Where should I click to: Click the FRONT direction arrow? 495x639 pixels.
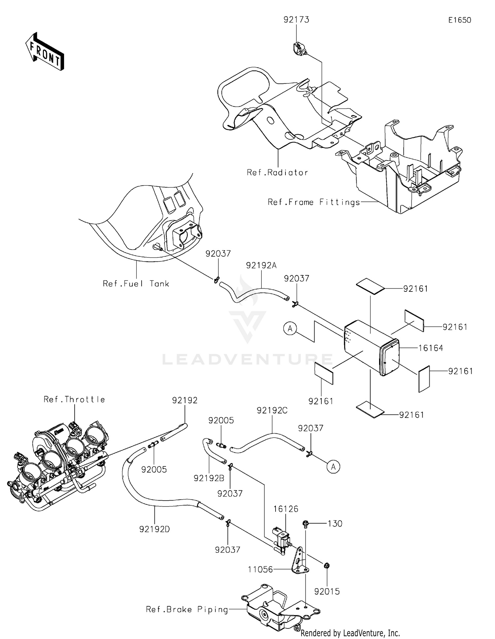pyautogui.click(x=45, y=52)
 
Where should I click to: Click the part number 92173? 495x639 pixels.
pyautogui.click(x=296, y=20)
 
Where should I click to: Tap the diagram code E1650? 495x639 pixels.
pyautogui.click(x=459, y=20)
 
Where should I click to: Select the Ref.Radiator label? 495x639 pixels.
pyautogui.click(x=277, y=172)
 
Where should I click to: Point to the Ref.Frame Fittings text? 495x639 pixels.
pyautogui.click(x=313, y=202)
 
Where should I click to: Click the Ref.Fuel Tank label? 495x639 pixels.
pyautogui.click(x=136, y=284)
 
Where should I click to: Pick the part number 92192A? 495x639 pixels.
pyautogui.click(x=261, y=265)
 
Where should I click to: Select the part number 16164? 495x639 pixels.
pyautogui.click(x=430, y=348)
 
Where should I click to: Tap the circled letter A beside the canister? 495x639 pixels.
pyautogui.click(x=290, y=329)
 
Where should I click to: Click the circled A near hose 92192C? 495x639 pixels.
pyautogui.click(x=333, y=467)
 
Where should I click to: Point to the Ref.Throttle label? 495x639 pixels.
pyautogui.click(x=74, y=399)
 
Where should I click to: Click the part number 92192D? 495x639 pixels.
pyautogui.click(x=154, y=529)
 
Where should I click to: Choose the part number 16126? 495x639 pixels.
pyautogui.click(x=285, y=509)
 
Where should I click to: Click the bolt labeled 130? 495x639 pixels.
pyautogui.click(x=306, y=524)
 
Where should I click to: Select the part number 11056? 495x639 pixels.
pyautogui.click(x=260, y=569)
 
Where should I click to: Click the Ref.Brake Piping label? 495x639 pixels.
pyautogui.click(x=187, y=609)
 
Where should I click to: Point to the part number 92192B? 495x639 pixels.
pyautogui.click(x=209, y=478)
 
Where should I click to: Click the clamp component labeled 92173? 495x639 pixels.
pyautogui.click(x=299, y=49)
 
